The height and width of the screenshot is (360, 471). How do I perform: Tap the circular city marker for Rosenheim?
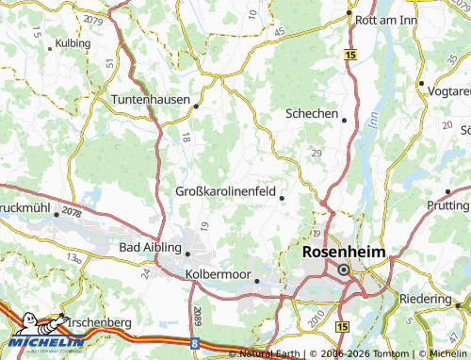coord(344,270)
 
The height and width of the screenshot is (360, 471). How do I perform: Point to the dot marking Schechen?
coord(344,120)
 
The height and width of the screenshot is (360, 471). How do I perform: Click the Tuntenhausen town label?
coord(151,99)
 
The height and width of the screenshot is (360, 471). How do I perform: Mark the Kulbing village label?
coord(73,43)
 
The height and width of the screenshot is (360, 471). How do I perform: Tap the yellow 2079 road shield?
coord(93,19)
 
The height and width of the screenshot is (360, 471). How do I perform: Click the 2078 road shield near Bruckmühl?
coord(72,211)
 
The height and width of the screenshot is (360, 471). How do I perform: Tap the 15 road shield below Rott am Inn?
coord(349,57)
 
